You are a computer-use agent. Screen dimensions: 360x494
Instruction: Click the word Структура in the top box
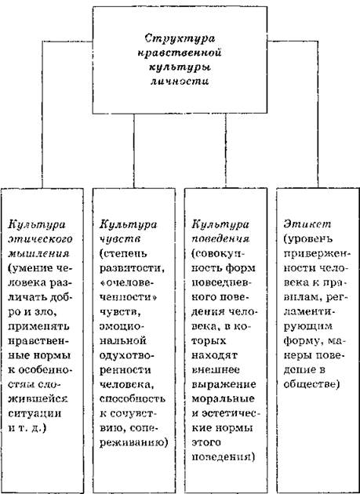pyautogui.click(x=180, y=39)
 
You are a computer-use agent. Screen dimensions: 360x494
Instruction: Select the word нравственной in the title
pyautogui.click(x=180, y=53)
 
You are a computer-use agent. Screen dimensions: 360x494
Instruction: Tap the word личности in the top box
pyautogui.click(x=180, y=82)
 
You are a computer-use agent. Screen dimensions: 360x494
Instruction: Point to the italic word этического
pyautogui.click(x=40, y=239)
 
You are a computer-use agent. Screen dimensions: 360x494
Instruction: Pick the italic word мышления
pyautogui.click(x=38, y=254)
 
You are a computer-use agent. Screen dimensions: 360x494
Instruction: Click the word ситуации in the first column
pyautogui.click(x=35, y=413)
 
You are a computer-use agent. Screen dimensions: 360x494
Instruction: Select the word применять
pyautogui.click(x=39, y=326)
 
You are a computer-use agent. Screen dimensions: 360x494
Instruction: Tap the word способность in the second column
pyautogui.click(x=133, y=399)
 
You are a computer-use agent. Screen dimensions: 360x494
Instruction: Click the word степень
pyautogui.click(x=124, y=254)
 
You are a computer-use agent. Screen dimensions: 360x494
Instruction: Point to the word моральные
pyautogui.click(x=224, y=399)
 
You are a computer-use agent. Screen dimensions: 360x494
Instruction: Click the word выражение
pyautogui.click(x=224, y=385)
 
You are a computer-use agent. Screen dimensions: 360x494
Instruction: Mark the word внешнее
pyautogui.click(x=216, y=370)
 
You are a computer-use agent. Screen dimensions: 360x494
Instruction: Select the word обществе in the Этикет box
pyautogui.click(x=310, y=384)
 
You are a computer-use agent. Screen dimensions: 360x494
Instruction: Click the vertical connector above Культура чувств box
pyautogui.click(x=134, y=151)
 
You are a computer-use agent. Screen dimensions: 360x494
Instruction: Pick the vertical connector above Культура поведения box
pyautogui.click(x=226, y=151)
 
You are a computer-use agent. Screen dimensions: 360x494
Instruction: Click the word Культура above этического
pyautogui.click(x=37, y=225)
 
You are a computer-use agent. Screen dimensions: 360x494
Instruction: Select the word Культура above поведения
pyautogui.click(x=220, y=225)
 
